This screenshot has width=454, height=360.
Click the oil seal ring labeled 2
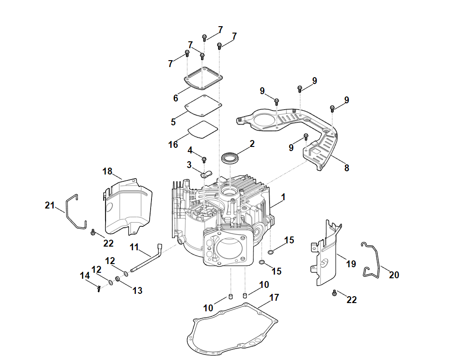point(230,158)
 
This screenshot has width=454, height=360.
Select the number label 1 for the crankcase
point(283,197)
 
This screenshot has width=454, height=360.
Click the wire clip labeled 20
point(374,262)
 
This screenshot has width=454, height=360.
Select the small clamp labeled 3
point(206,174)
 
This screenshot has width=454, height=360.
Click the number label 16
point(173,145)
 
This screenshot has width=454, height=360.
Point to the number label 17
point(274,298)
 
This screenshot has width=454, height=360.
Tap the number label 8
point(347,168)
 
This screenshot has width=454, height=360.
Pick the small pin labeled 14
point(99,288)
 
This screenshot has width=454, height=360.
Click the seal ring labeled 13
point(118,279)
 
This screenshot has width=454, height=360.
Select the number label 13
point(137,290)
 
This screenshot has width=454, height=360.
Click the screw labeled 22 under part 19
point(334,292)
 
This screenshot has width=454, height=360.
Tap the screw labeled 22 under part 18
point(93,233)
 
